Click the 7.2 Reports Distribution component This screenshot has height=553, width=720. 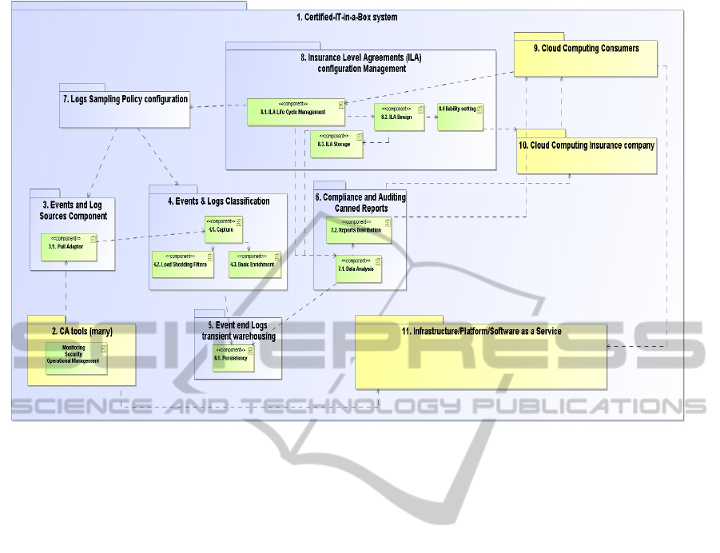360,230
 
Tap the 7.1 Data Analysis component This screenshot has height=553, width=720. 359,269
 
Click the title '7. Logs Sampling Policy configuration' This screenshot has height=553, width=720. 125,99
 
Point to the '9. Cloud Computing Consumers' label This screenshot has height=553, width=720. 587,49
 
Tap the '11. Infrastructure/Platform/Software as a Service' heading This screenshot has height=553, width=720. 481,331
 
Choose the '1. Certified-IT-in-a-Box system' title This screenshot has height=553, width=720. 346,17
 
